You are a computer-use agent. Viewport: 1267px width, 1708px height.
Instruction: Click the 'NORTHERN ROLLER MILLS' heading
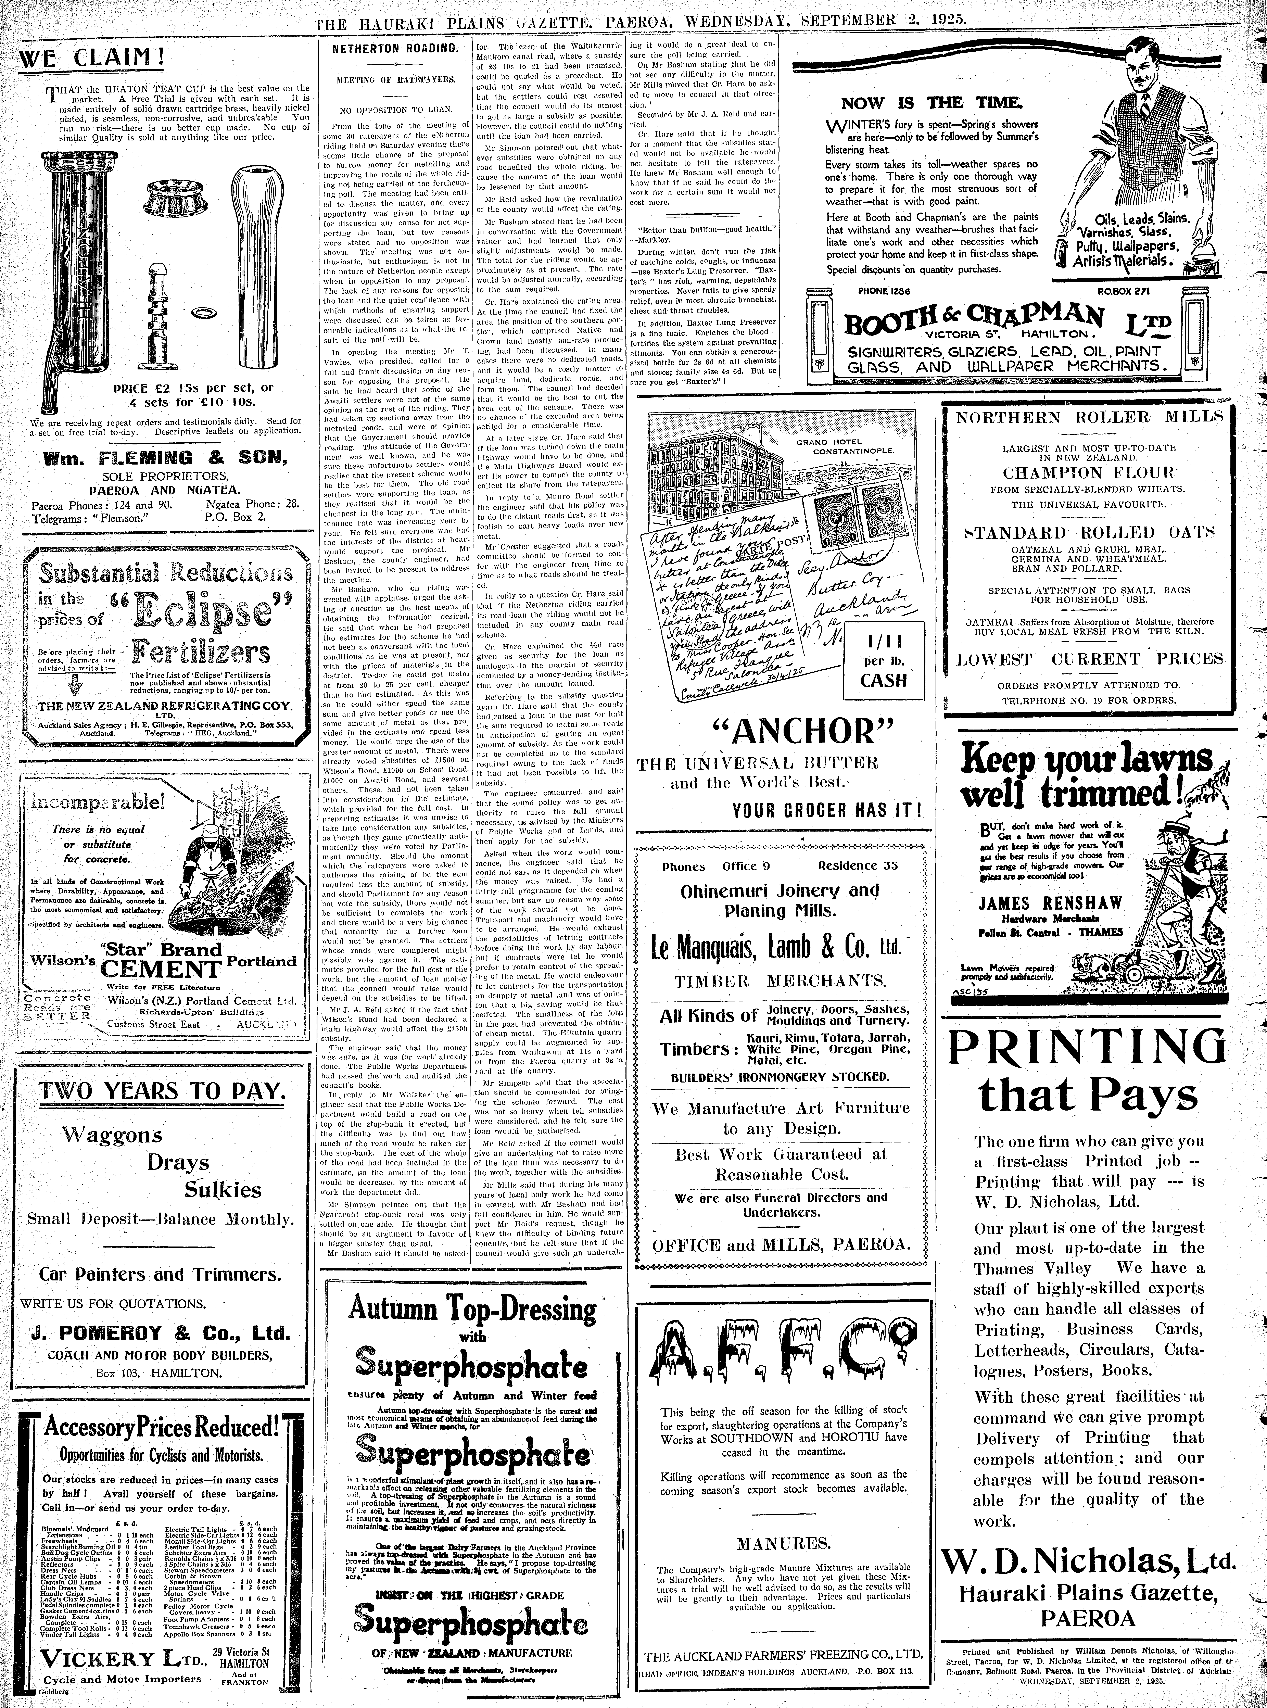pos(1089,417)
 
